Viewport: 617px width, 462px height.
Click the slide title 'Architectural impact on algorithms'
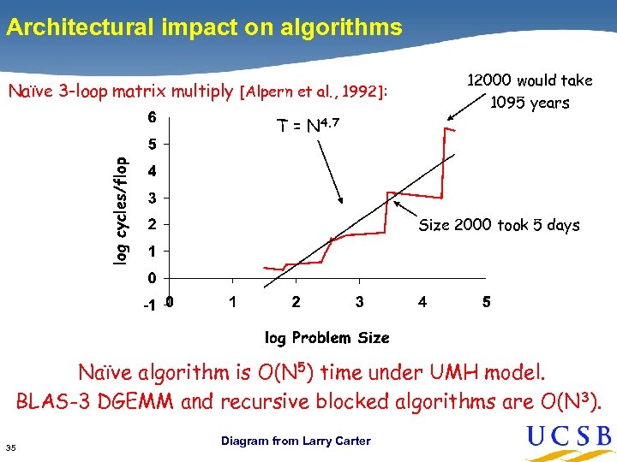pos(204,27)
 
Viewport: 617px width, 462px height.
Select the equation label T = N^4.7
pos(308,127)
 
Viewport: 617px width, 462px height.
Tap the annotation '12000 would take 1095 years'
pos(529,91)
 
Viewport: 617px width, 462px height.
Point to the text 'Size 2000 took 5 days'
pos(499,225)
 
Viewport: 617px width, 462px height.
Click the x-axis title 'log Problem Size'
pos(326,338)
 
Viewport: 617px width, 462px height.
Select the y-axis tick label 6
pos(151,117)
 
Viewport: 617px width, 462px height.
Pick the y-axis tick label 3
pos(151,198)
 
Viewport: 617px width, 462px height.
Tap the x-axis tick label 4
pos(422,302)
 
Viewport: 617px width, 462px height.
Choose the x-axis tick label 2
pos(296,302)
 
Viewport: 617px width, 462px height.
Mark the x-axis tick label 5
pos(486,302)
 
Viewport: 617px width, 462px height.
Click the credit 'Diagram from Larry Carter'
pos(296,441)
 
